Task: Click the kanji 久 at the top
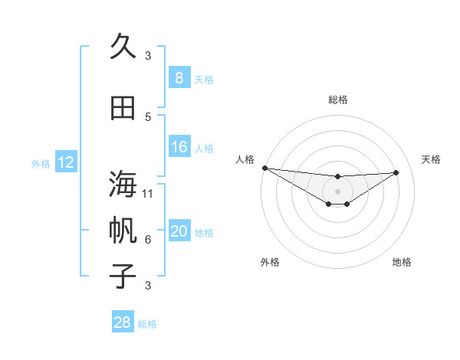click(x=123, y=47)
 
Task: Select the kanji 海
click(x=123, y=185)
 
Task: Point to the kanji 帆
click(x=123, y=231)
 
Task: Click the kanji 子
click(x=123, y=275)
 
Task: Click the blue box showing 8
click(x=179, y=78)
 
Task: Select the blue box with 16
click(x=179, y=147)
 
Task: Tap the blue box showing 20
click(x=179, y=231)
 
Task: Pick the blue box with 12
click(x=65, y=162)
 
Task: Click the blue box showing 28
click(x=122, y=322)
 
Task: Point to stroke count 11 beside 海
click(x=148, y=194)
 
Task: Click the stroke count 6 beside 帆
click(x=148, y=240)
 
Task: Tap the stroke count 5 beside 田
click(x=148, y=116)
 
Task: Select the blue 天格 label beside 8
click(x=204, y=79)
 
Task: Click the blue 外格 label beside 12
click(x=41, y=163)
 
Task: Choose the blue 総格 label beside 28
click(x=147, y=323)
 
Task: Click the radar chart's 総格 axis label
click(x=337, y=100)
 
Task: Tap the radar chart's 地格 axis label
click(x=402, y=262)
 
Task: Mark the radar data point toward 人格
click(x=264, y=168)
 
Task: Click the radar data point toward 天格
click(x=396, y=172)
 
